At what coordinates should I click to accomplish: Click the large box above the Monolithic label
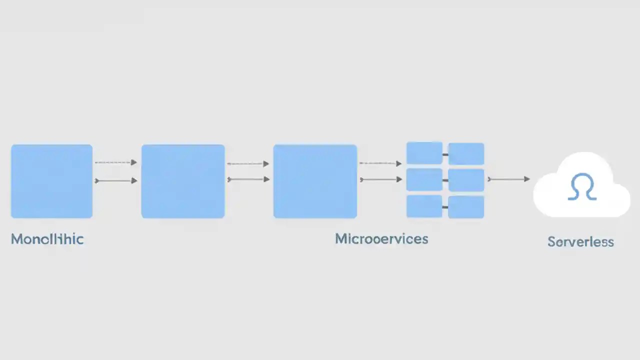(x=51, y=181)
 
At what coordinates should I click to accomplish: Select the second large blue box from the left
(x=183, y=181)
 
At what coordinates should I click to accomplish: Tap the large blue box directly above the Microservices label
(x=315, y=181)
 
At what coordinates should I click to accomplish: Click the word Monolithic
(x=47, y=239)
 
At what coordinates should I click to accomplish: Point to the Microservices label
(x=381, y=238)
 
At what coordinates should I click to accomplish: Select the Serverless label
(x=580, y=242)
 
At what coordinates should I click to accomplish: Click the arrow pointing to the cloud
(x=509, y=179)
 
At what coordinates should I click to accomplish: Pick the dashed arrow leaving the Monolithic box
(x=115, y=162)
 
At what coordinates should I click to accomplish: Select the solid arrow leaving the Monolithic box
(x=115, y=180)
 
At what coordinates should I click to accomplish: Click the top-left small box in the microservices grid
(x=424, y=153)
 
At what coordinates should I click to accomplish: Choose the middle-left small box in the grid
(x=424, y=179)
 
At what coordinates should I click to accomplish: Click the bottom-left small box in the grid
(x=424, y=206)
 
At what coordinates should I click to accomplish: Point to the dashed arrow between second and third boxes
(x=248, y=163)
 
